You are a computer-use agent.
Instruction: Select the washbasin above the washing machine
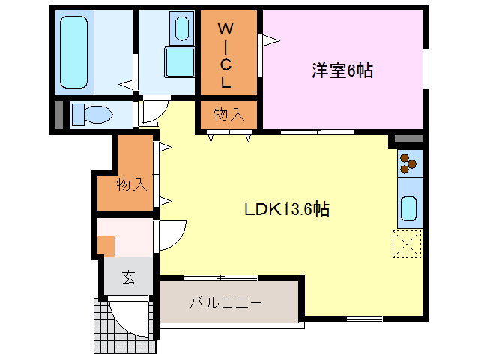182,29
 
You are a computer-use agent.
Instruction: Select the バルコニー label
225,303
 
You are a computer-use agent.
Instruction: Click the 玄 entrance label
128,277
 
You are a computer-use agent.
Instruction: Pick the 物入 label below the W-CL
229,115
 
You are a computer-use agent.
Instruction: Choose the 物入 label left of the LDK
131,184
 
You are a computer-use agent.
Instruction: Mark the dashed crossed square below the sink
407,244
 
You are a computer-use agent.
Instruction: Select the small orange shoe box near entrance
106,245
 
